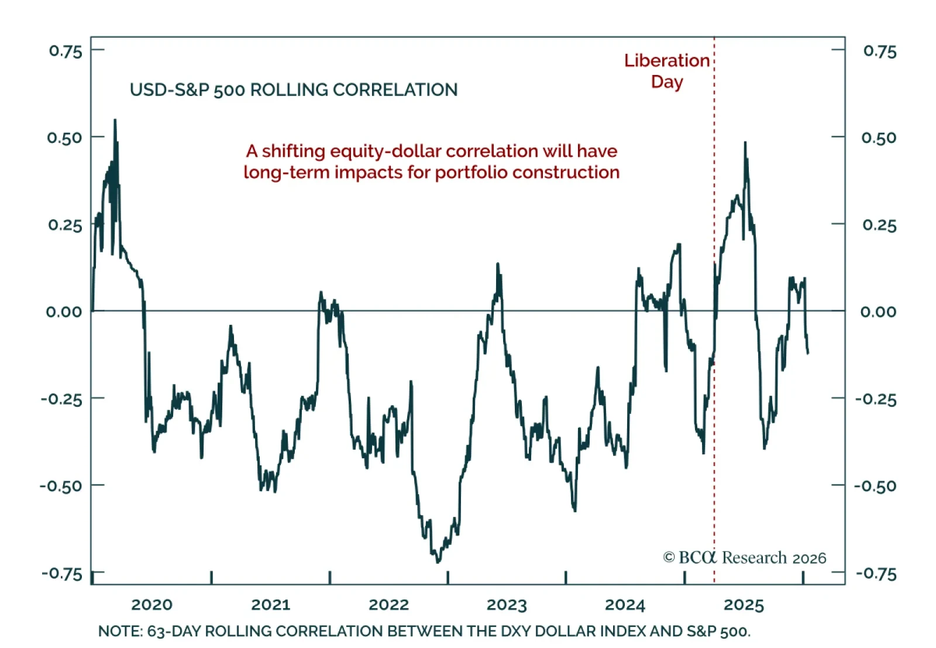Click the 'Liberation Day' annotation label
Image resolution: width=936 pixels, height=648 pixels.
(666, 71)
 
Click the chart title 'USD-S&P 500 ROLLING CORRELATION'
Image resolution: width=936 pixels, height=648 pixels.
(294, 90)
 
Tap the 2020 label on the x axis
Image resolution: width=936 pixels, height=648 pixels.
(152, 605)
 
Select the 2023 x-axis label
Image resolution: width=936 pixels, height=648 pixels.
(507, 605)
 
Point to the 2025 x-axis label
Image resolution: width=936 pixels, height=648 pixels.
(744, 605)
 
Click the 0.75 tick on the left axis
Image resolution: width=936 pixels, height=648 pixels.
(66, 51)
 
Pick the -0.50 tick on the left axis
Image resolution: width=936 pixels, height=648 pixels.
(61, 486)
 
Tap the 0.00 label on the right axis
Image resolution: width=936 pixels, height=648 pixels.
(878, 311)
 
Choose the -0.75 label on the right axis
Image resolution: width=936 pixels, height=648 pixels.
(876, 574)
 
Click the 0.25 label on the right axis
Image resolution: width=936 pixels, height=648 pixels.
(879, 225)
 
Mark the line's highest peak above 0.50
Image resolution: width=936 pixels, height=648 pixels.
(115, 121)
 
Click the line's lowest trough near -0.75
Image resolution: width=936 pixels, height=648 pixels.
(438, 562)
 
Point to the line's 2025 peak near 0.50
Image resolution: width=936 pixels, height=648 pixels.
(745, 143)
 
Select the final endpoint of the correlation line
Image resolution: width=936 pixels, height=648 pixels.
(808, 353)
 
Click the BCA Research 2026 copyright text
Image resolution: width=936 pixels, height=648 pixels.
(744, 558)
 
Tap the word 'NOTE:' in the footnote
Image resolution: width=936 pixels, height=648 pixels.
(120, 632)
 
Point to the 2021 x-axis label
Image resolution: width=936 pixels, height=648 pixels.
(270, 605)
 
